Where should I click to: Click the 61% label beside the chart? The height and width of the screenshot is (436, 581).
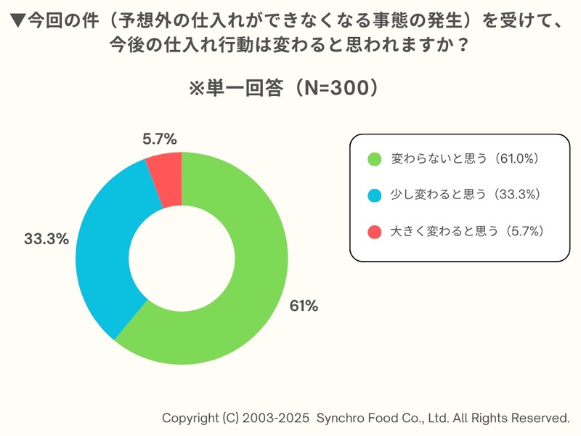click(304, 306)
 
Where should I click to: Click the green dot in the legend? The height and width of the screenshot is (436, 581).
click(374, 158)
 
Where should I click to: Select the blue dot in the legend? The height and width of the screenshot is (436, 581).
click(374, 195)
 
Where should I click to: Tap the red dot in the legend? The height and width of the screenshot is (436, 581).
click(374, 232)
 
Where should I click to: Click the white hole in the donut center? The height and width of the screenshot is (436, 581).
click(182, 258)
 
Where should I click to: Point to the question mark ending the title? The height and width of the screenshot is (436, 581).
click(460, 45)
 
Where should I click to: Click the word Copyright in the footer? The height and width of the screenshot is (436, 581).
click(189, 419)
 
